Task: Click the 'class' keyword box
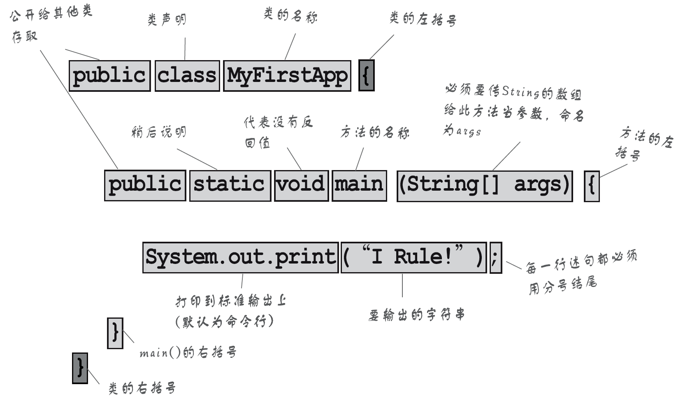[187, 76]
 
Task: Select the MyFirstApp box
[287, 76]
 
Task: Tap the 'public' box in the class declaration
[109, 76]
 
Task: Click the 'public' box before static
[145, 185]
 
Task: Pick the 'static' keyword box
[230, 185]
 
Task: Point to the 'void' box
[301, 185]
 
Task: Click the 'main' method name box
[359, 185]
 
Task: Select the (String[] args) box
[485, 186]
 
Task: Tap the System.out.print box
[240, 258]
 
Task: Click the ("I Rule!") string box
[413, 258]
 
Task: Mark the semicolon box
[495, 258]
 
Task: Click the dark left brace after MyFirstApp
[366, 76]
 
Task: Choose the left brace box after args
[592, 187]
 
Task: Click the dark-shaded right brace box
[80, 368]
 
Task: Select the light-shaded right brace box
[115, 333]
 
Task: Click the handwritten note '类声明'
[167, 19]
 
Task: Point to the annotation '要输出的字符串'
[416, 315]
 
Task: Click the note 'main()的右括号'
[188, 353]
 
